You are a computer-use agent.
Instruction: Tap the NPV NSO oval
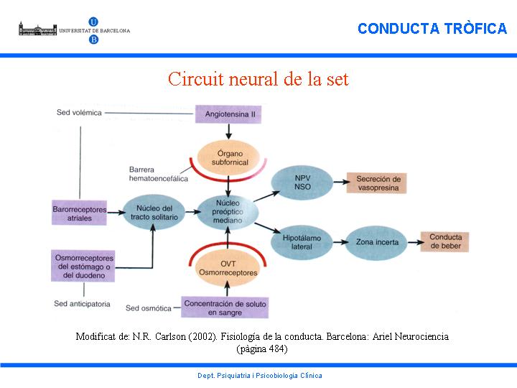302,183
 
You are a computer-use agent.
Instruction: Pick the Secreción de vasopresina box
378,183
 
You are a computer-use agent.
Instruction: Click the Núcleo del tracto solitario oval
153,213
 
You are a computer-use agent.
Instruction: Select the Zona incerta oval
378,242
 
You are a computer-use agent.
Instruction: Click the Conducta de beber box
446,242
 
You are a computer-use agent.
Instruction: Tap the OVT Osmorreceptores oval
227,268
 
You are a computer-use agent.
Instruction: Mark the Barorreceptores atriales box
79,213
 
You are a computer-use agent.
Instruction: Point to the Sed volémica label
79,113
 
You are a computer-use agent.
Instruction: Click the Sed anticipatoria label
83,304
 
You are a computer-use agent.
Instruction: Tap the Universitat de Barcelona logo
75,31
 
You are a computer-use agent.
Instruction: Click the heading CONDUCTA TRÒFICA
432,29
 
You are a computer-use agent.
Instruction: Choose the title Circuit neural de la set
258,78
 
